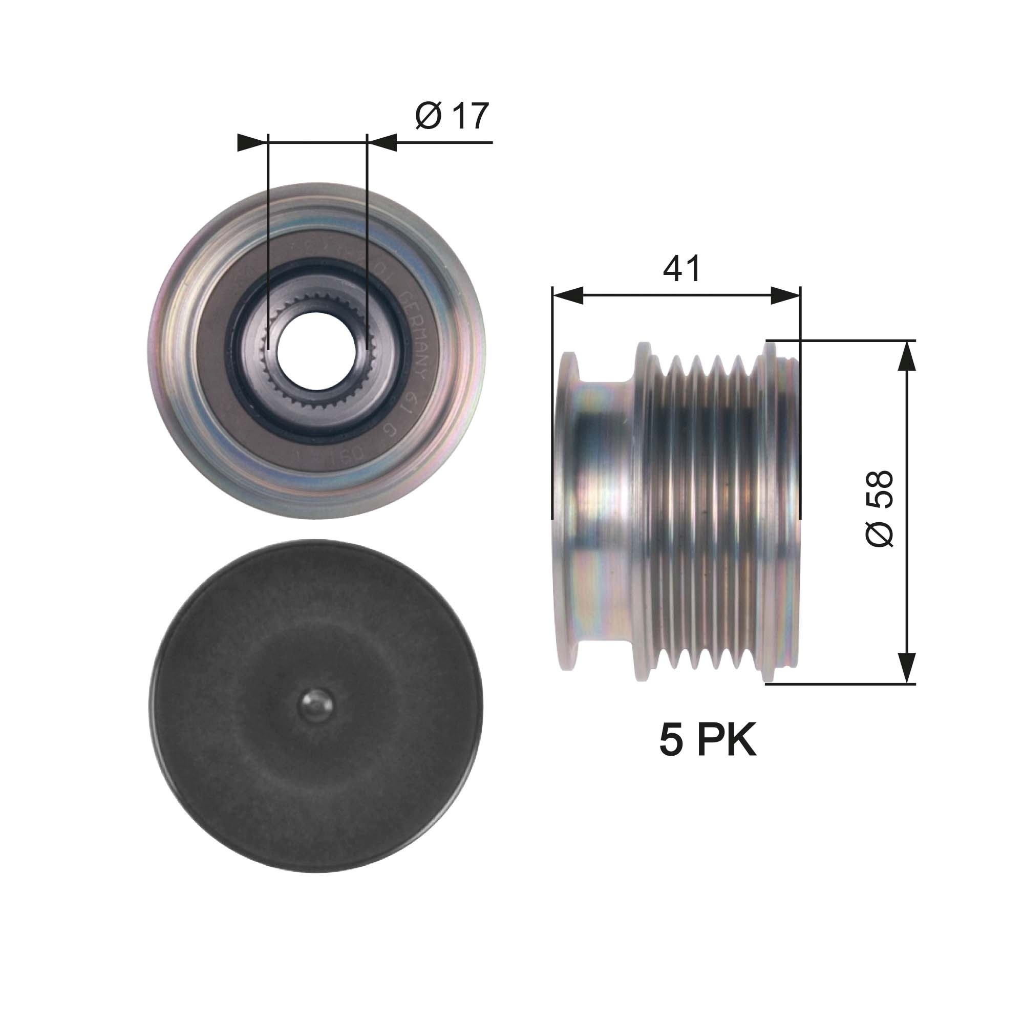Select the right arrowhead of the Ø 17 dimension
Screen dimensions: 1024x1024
tap(382, 142)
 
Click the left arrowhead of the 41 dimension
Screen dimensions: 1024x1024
tap(568, 296)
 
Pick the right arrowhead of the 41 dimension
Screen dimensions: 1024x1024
tap(785, 296)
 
